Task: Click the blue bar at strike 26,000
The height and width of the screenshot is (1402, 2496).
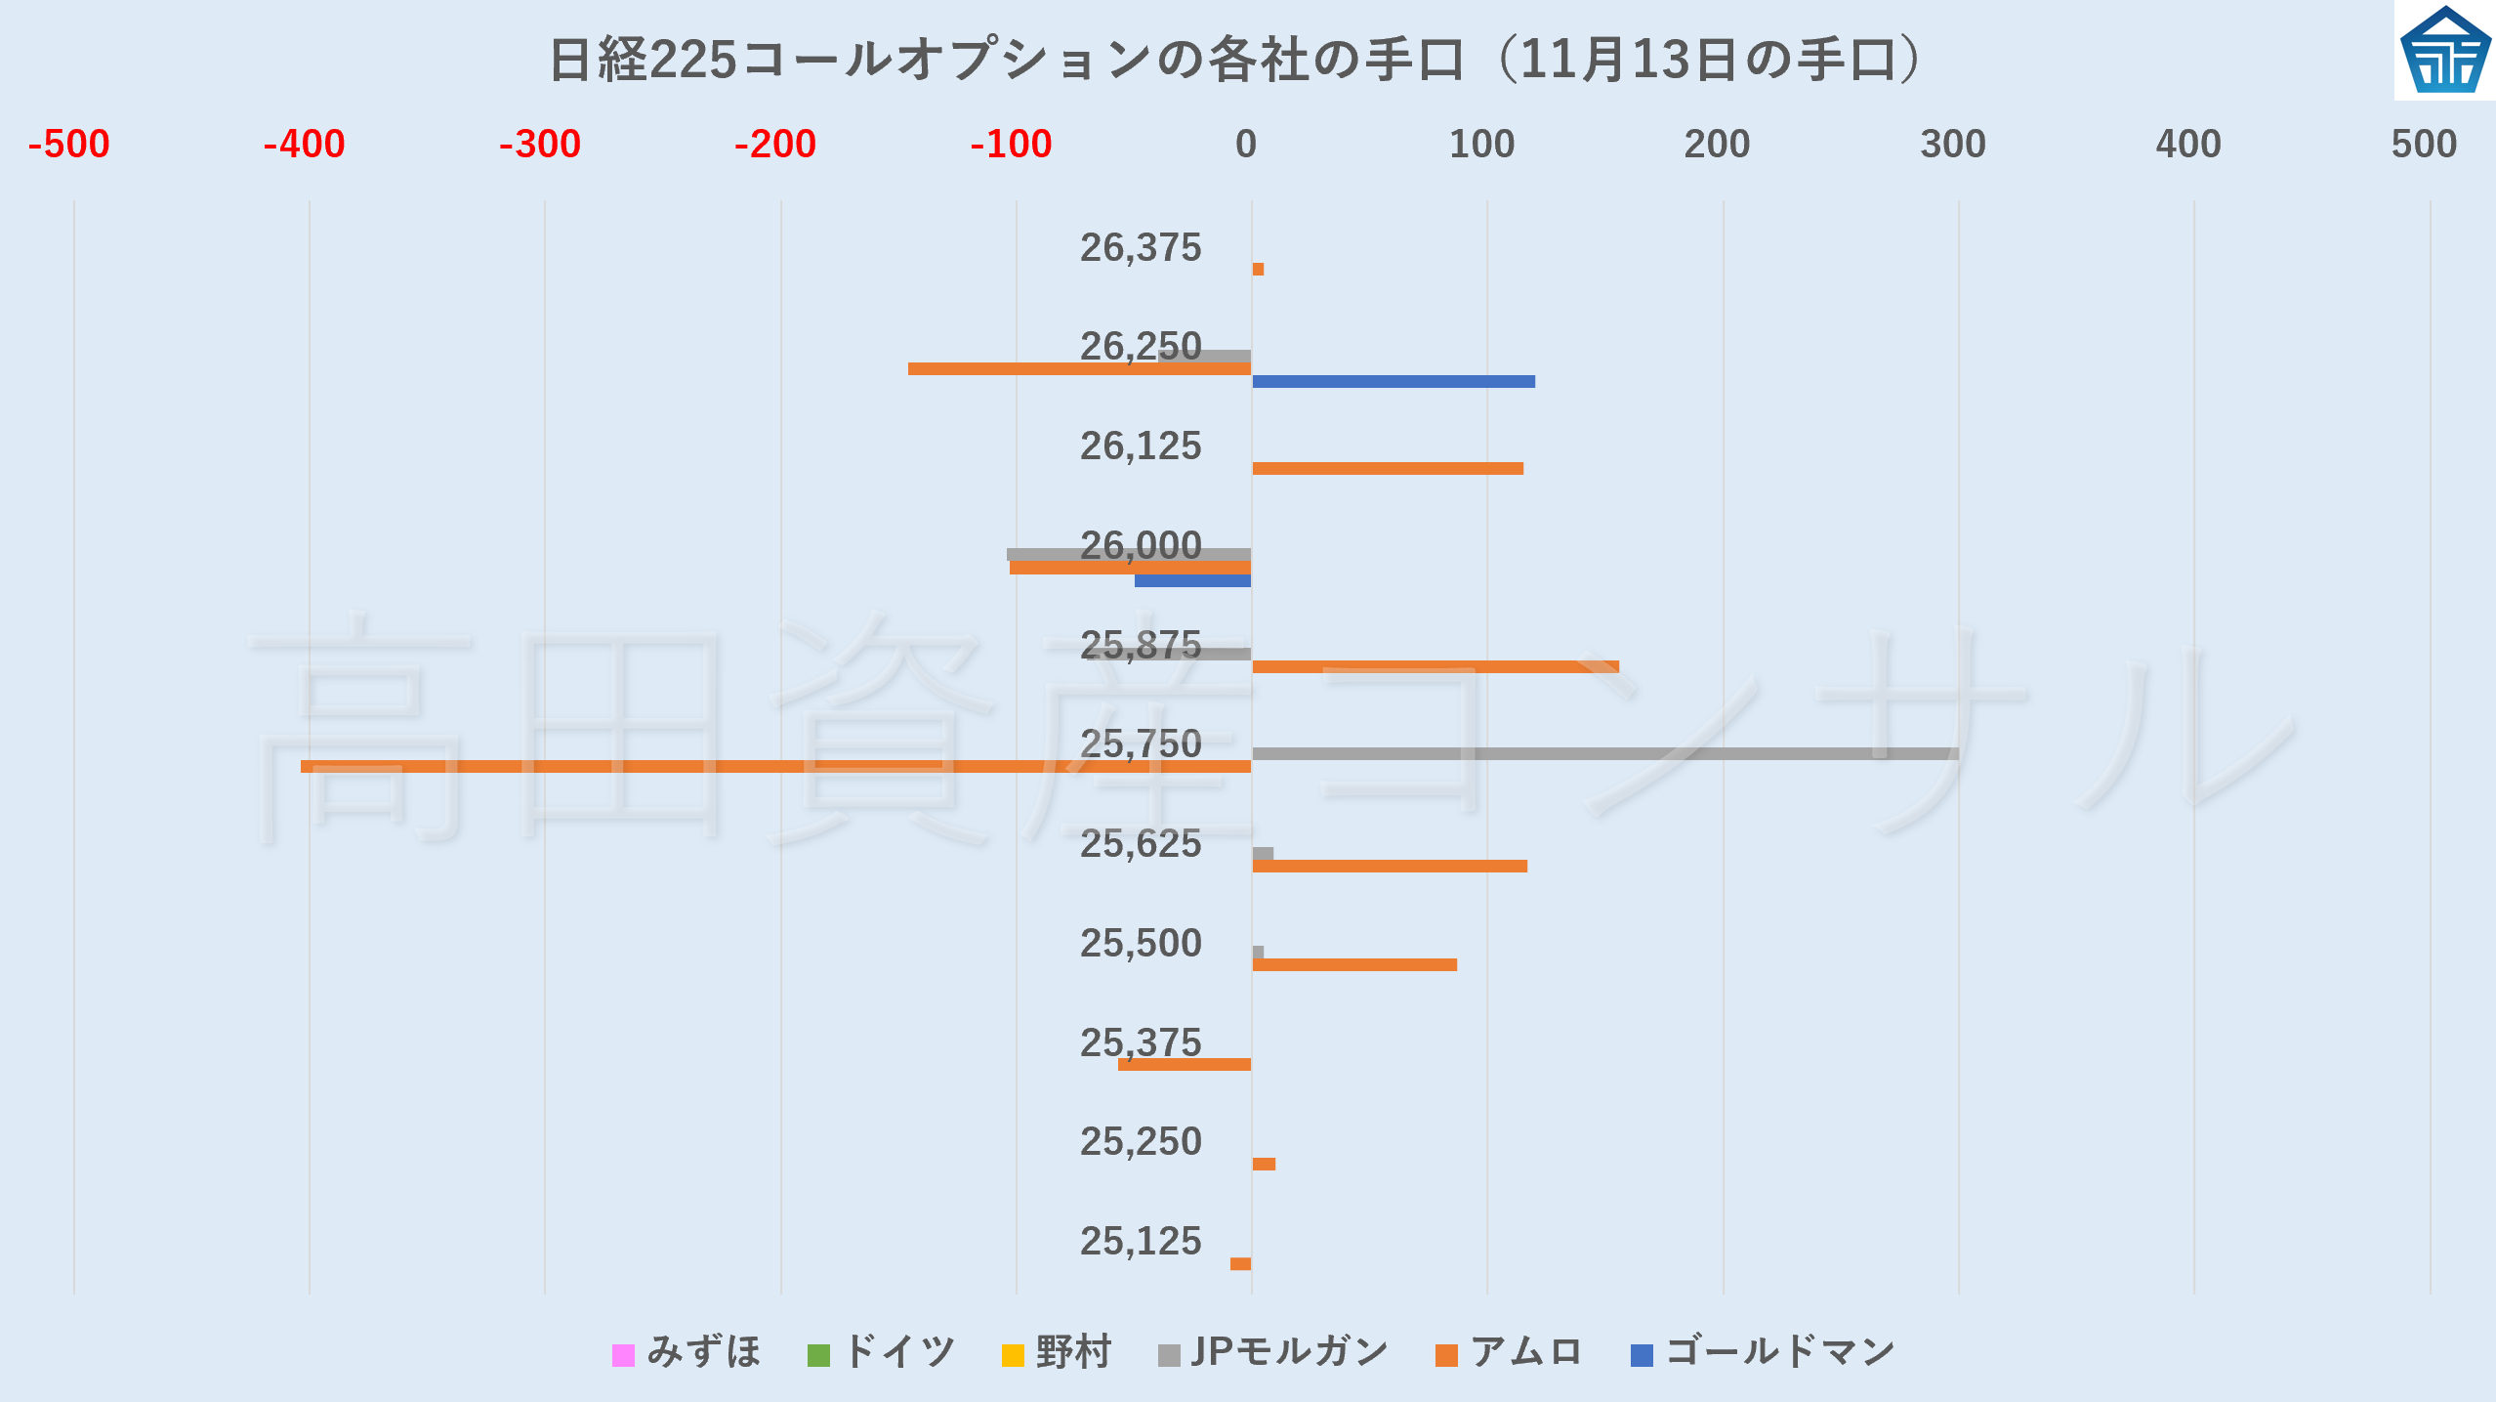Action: tap(1192, 581)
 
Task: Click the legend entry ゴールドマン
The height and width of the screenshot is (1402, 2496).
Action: tap(1764, 1353)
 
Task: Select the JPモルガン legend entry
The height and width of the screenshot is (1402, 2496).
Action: tap(1273, 1353)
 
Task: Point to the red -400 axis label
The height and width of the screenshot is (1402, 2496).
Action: tap(304, 145)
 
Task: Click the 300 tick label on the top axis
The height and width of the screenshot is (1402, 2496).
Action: tap(1952, 145)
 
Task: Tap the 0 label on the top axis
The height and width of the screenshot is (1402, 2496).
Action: tap(1245, 145)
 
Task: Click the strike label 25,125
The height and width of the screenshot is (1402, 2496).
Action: tap(1141, 1241)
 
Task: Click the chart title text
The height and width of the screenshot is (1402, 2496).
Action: tap(1235, 59)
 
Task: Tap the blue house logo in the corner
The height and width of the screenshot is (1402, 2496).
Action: tap(2444, 51)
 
